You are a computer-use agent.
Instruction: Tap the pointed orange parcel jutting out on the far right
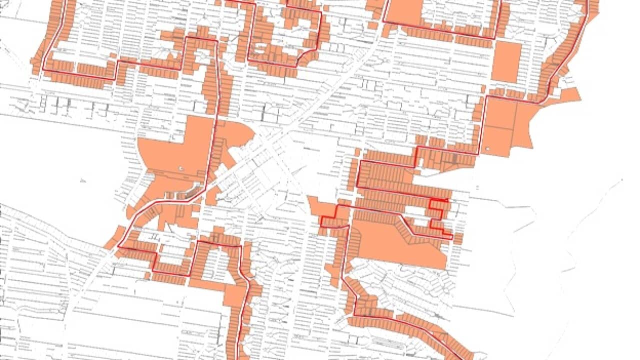[x=570, y=95]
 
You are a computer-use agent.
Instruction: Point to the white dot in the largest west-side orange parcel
[x=181, y=168]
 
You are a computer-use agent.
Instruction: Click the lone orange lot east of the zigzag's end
[x=458, y=239]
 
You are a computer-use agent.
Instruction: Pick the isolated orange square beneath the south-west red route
[x=147, y=275]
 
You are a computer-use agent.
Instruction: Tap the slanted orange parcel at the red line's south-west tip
[x=113, y=237]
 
